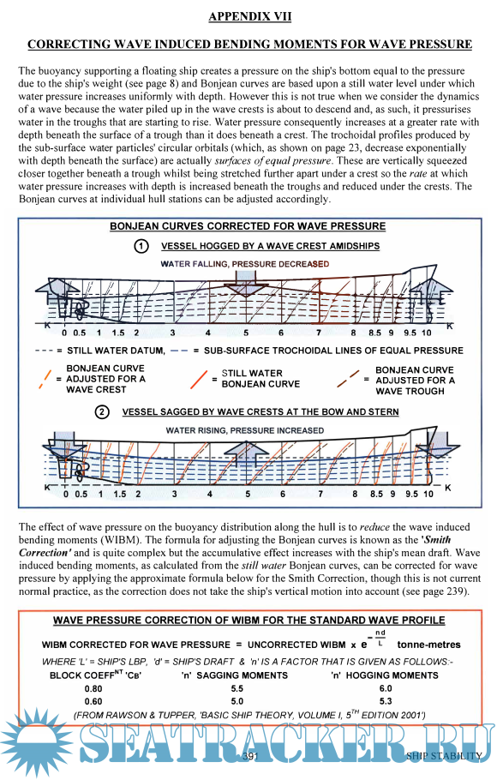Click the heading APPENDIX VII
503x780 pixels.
(x=249, y=16)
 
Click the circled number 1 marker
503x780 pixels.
(x=141, y=246)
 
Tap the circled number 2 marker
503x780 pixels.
(x=102, y=412)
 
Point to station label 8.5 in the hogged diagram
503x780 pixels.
(x=374, y=333)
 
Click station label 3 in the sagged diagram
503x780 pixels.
(x=174, y=494)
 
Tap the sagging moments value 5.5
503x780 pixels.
(x=237, y=688)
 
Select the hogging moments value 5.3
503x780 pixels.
(x=386, y=701)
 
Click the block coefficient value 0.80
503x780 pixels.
(x=93, y=688)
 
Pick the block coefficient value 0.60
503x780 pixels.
(x=93, y=701)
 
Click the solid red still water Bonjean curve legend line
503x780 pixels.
(x=199, y=379)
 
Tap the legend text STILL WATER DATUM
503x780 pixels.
(x=116, y=351)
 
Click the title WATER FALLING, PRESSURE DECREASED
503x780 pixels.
(x=245, y=264)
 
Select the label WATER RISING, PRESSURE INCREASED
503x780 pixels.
(x=245, y=430)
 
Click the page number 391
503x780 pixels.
(x=249, y=756)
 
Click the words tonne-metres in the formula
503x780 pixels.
(x=428, y=645)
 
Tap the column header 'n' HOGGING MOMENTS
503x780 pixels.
(x=385, y=675)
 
